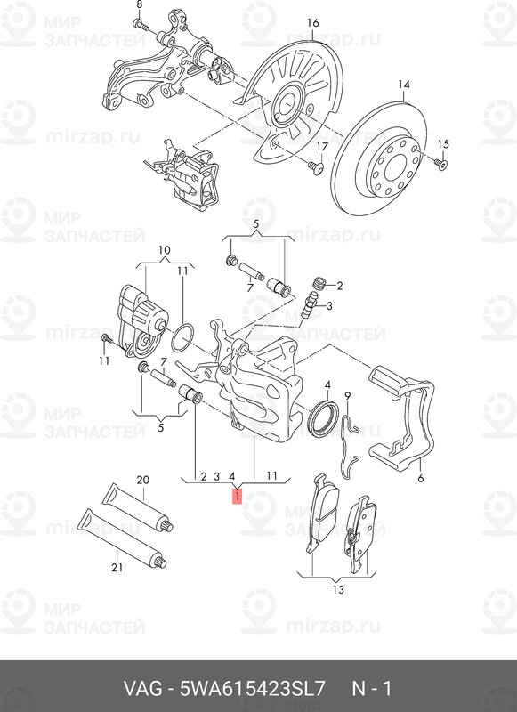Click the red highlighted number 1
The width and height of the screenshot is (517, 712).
(237, 496)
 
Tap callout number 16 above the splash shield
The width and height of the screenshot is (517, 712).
(312, 23)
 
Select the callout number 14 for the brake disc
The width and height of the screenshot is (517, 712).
(403, 85)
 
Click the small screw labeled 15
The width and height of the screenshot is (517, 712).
(441, 164)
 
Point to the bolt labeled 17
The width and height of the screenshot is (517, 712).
(316, 166)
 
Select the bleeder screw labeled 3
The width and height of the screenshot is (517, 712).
(309, 304)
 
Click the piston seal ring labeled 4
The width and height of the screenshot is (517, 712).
(323, 418)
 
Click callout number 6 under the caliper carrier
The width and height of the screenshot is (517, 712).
(421, 478)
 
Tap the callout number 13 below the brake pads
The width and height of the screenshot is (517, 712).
(338, 589)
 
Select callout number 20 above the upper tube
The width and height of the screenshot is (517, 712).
(143, 480)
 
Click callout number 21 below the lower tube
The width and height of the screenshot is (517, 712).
(117, 567)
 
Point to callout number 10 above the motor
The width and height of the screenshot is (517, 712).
(165, 250)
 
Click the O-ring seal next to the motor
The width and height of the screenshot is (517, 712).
(182, 338)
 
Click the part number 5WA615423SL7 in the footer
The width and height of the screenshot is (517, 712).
(253, 689)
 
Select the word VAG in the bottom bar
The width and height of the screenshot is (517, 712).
(143, 689)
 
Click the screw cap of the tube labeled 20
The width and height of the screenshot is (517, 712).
(167, 527)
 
